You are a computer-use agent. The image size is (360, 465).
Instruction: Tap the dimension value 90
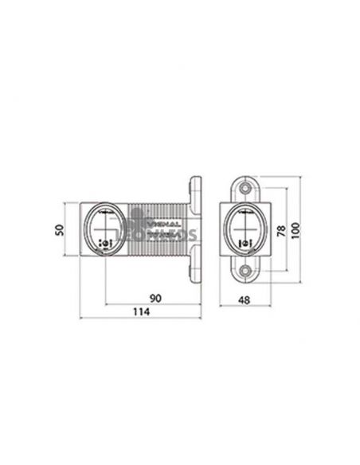coord(156,298)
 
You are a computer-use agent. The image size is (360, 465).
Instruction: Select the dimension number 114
coord(143,315)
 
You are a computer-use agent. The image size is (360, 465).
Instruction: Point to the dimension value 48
coord(245,301)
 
